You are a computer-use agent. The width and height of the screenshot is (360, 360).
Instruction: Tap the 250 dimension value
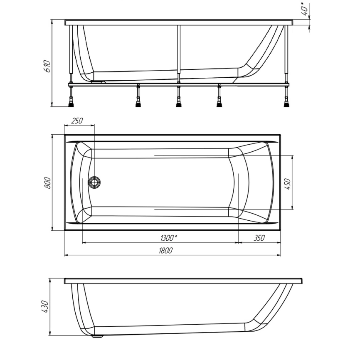click(77, 121)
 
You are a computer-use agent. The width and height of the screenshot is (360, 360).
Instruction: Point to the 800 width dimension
click(47, 182)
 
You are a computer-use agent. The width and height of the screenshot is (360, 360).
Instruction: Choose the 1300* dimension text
click(169, 238)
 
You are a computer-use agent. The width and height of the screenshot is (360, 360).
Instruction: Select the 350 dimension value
click(259, 238)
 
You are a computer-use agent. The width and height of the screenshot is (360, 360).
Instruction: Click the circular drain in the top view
click(95, 182)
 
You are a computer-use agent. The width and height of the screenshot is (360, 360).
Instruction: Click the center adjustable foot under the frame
click(179, 101)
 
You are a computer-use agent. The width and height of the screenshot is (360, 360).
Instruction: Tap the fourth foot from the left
click(218, 101)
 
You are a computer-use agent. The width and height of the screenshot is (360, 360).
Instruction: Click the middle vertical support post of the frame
click(179, 52)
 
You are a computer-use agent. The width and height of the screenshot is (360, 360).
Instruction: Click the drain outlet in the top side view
click(98, 81)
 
